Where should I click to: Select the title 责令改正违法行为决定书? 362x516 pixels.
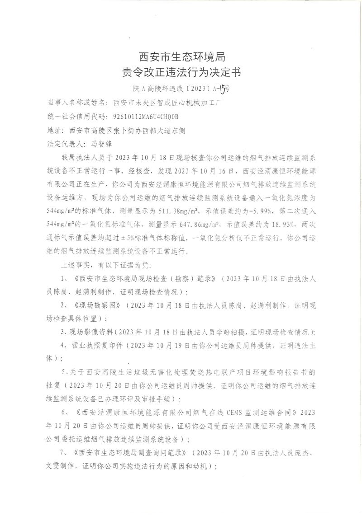(181, 71)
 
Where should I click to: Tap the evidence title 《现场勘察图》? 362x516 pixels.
(98, 306)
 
